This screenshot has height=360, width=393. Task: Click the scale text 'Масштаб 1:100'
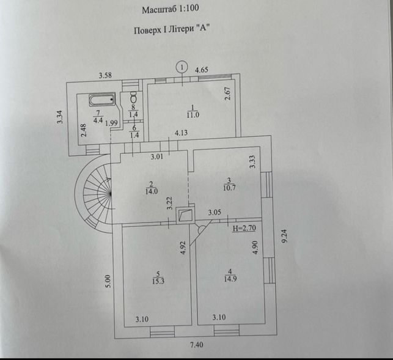point(171,9)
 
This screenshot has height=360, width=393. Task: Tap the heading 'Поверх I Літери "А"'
point(172,29)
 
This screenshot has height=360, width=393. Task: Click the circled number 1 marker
point(182,67)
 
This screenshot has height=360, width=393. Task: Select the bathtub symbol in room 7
point(102,100)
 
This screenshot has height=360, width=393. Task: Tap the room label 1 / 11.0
point(193,112)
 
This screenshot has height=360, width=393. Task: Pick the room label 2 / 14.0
point(151,188)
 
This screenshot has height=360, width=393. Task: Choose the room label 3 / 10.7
point(229,184)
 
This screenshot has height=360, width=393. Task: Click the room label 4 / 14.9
point(230,275)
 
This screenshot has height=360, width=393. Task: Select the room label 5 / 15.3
point(158,277)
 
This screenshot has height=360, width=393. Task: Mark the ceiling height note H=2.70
point(244,229)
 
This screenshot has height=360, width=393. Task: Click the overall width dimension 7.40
point(197,345)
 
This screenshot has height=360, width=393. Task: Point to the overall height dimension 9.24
point(284,237)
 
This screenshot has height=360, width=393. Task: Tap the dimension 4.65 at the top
point(202,70)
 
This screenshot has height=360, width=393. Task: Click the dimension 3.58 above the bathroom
point(105,75)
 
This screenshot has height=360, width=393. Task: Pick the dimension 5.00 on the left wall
point(108,281)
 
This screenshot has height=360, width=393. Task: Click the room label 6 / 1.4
point(134,131)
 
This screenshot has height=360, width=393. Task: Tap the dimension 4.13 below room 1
point(181,133)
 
